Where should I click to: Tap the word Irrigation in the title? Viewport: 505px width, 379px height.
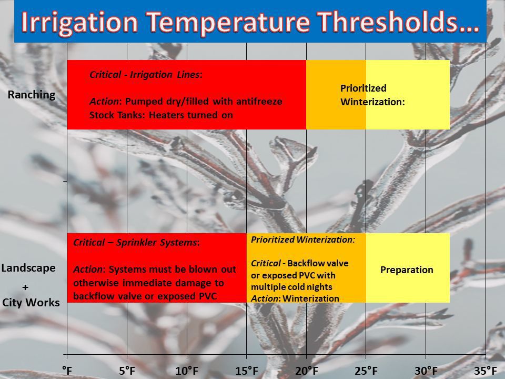pos(79,23)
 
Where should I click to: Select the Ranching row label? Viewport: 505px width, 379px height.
pos(32,95)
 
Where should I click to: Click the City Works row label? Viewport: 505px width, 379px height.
pos(31,303)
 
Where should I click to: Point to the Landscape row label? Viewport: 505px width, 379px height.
pos(28,268)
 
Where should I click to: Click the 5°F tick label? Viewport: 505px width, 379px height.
pos(127,371)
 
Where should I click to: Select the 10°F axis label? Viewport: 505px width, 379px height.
pos(187,371)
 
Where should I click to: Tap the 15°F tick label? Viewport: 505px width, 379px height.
pos(247,371)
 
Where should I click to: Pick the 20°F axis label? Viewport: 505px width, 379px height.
pos(307,371)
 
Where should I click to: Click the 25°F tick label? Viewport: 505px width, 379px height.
pos(366,371)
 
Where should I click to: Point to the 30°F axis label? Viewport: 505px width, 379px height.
pos(426,371)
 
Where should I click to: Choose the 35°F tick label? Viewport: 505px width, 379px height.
pos(486,371)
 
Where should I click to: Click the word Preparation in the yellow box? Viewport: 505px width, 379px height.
pos(407,270)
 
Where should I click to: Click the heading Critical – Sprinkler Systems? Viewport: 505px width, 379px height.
pos(136,243)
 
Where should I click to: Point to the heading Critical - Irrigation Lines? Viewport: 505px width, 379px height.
pos(146,75)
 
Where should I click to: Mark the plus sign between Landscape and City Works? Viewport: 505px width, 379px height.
pos(25,287)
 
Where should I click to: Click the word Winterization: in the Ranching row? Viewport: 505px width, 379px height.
pos(372,102)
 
